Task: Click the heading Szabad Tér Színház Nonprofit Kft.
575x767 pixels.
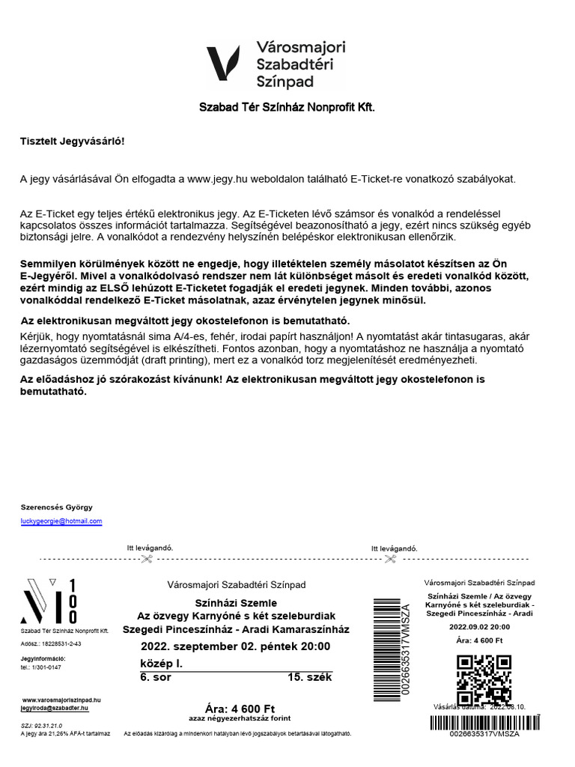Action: coord(287,108)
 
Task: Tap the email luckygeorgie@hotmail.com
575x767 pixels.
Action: coord(61,521)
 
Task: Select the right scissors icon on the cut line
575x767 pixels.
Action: coord(391,558)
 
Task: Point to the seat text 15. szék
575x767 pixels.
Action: coord(309,677)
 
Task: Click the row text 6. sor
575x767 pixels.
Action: coord(155,677)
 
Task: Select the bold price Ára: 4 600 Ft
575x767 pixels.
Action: coord(240,709)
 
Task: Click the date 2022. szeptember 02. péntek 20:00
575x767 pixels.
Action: coord(235,646)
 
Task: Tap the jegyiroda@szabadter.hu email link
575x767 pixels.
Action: coord(55,707)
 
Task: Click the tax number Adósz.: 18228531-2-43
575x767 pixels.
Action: coord(51,643)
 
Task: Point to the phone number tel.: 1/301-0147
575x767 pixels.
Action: coord(41,667)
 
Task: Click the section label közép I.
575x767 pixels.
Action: coord(161,664)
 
